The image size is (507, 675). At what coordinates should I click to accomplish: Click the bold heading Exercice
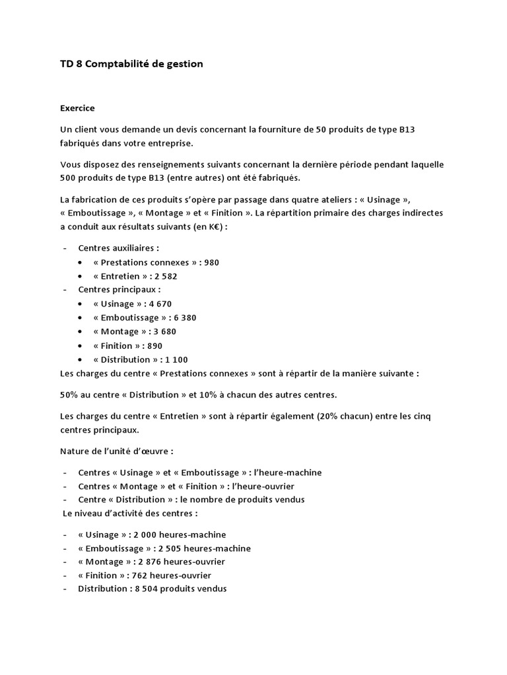[77, 107]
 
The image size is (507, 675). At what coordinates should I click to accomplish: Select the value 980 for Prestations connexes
[212, 262]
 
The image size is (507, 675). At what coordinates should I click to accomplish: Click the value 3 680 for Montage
[163, 332]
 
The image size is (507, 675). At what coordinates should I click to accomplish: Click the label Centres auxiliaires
[119, 249]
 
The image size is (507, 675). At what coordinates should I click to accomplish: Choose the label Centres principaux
[119, 290]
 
